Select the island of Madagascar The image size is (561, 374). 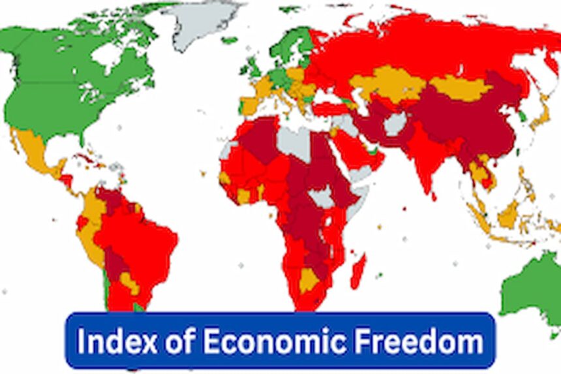(358, 271)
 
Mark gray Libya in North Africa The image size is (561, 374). (293, 140)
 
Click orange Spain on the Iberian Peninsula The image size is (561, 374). (250, 104)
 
